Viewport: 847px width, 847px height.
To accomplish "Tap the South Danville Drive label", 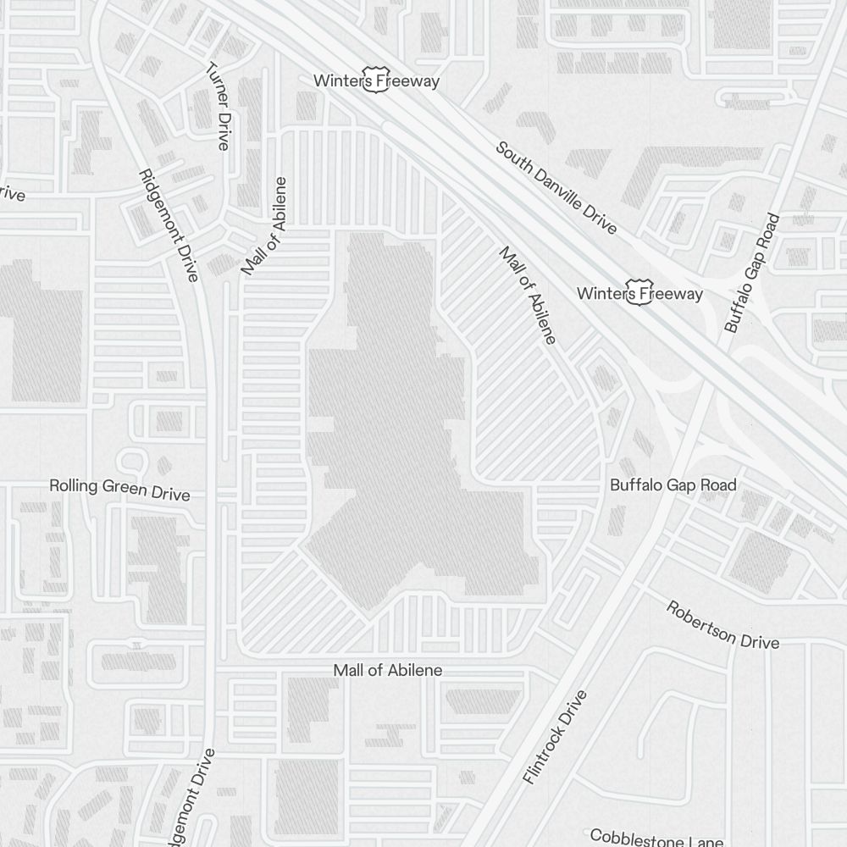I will tap(556, 188).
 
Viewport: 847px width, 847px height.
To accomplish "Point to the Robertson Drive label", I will tap(722, 625).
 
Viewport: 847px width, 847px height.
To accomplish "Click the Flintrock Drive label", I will tap(555, 737).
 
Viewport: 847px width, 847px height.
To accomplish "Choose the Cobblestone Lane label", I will tap(656, 838).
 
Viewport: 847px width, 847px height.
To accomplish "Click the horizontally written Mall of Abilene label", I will tap(387, 670).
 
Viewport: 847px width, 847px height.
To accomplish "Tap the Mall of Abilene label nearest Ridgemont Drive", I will tap(264, 227).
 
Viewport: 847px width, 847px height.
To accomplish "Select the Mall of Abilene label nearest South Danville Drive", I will tap(528, 296).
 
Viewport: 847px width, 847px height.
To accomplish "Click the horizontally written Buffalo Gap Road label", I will tap(673, 485).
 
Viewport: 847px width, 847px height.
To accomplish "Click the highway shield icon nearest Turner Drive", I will tap(376, 79).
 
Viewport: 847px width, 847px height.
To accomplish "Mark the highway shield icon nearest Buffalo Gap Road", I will tap(639, 291).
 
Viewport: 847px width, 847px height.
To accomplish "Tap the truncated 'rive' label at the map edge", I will tap(12, 195).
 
